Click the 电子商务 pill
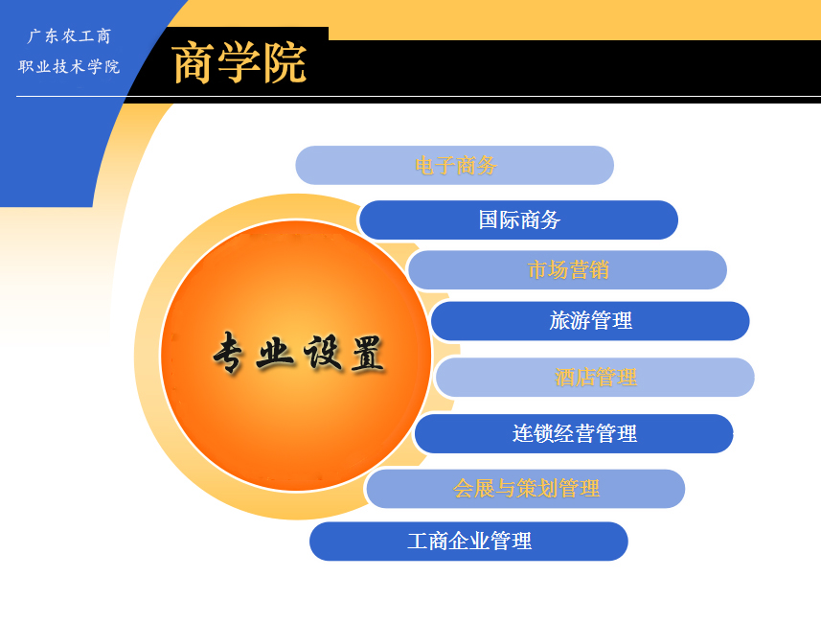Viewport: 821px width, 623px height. (454, 165)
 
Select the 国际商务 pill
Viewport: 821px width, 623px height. (519, 220)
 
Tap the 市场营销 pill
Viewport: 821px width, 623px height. (567, 270)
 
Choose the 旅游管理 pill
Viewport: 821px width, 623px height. (590, 321)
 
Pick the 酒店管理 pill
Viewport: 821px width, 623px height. (595, 378)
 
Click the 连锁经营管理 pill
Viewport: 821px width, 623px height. (574, 434)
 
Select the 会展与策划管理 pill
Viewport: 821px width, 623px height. (526, 489)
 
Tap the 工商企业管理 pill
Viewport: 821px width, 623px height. (468, 542)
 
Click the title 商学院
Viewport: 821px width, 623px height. (239, 63)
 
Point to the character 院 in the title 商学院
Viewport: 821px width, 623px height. (285, 63)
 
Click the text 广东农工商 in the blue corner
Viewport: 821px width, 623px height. (69, 36)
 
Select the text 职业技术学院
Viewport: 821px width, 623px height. (69, 66)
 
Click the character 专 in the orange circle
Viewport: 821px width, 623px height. (228, 352)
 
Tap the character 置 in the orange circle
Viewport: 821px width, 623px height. (368, 353)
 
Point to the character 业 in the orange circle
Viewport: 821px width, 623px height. (274, 353)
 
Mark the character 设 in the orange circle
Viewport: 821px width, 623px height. (322, 352)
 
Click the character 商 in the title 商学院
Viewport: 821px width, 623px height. (194, 63)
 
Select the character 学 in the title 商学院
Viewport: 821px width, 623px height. (239, 63)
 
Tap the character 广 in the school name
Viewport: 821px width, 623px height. (34, 36)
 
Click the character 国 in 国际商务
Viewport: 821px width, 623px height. (488, 220)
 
